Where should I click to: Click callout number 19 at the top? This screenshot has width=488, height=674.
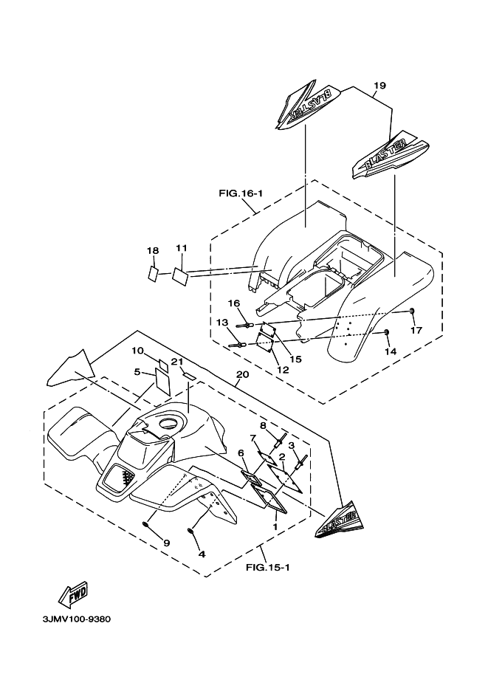coord(379,86)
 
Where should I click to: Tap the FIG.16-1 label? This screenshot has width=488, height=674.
coord(241,193)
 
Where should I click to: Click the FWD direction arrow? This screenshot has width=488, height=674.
coord(73,592)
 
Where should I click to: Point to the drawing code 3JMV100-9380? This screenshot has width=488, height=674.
coord(71,619)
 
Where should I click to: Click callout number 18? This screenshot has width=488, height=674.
coord(153,251)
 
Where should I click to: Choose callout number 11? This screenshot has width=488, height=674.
coord(182,247)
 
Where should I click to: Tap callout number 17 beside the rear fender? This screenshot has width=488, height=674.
coord(416,330)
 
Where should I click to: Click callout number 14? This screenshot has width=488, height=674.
coord(390,352)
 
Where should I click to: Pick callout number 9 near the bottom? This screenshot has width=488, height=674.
coord(166,543)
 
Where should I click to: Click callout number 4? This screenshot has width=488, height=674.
coord(201,553)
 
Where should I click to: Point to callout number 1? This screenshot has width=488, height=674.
coord(275,528)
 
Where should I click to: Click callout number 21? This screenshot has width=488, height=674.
coord(176,361)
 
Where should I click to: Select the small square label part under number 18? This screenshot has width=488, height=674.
coord(152,272)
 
